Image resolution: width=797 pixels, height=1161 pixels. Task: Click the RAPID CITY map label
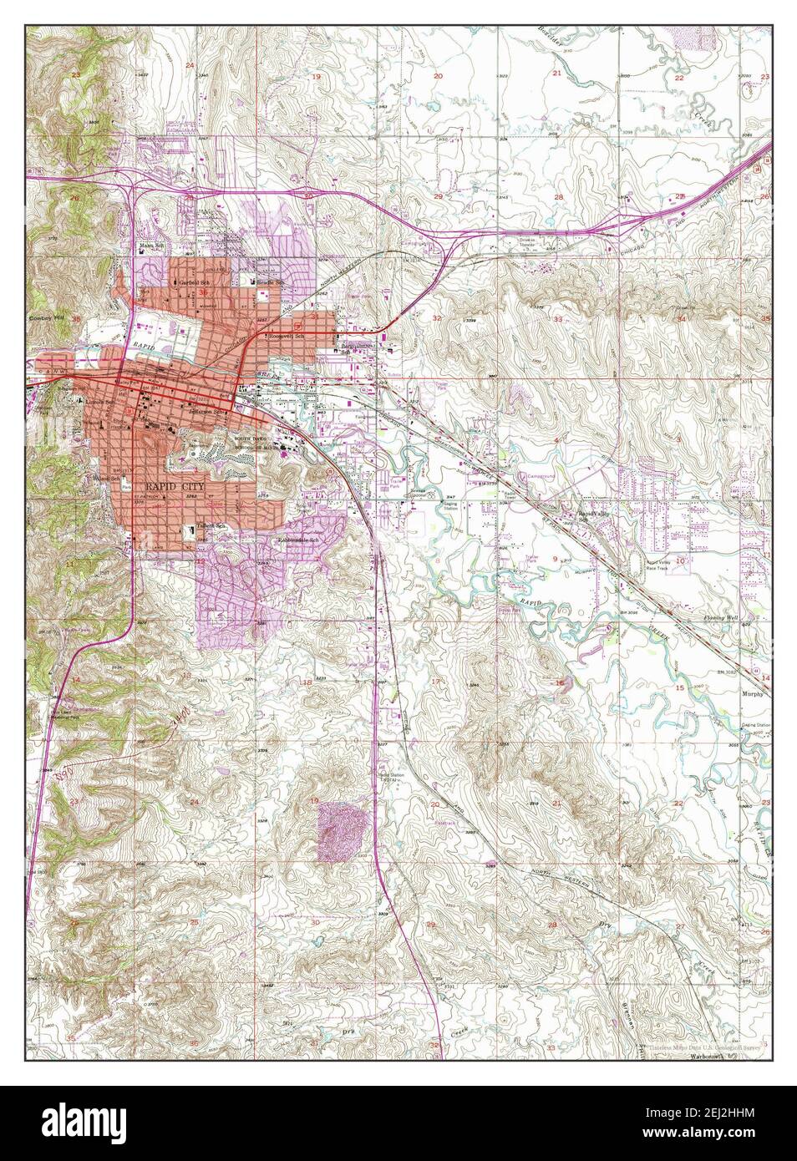(x=176, y=484)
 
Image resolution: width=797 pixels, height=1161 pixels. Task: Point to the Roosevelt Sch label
(x=284, y=336)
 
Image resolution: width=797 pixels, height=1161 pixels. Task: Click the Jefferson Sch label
(x=209, y=412)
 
